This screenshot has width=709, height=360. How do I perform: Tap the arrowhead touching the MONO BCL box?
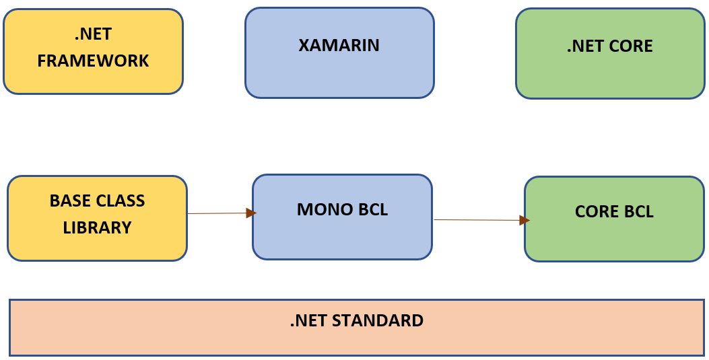(x=251, y=213)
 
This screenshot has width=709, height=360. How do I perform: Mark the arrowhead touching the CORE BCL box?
(x=525, y=220)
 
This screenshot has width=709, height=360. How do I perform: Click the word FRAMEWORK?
(x=93, y=61)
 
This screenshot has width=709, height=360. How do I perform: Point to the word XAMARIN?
(x=339, y=46)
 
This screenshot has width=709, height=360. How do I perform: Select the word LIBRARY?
(x=97, y=227)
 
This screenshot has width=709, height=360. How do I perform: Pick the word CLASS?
(x=122, y=201)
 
